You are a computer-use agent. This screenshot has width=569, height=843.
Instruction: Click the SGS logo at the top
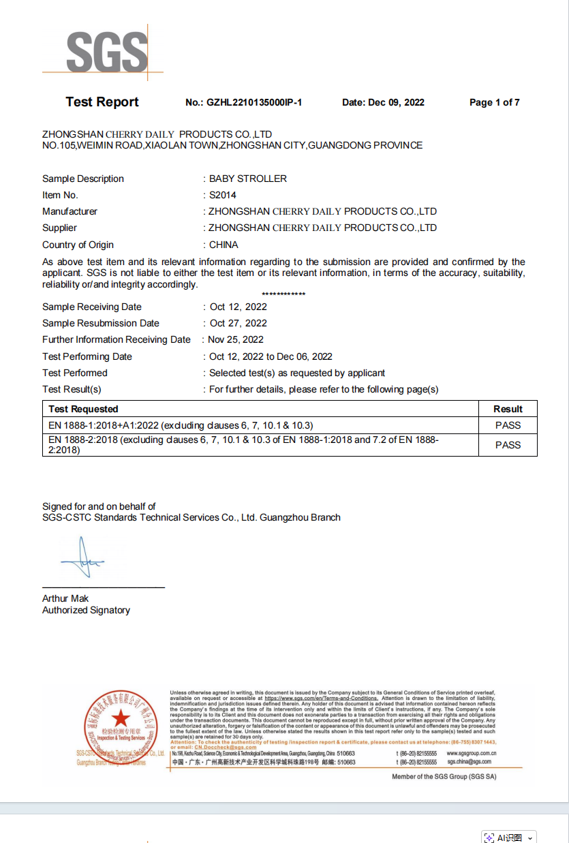tap(106, 52)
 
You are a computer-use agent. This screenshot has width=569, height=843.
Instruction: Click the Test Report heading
tap(102, 102)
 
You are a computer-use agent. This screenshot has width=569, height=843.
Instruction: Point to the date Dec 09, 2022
tap(396, 102)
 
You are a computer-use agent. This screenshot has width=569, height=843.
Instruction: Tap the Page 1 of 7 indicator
tap(494, 102)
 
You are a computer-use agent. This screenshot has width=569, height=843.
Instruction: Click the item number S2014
tap(223, 195)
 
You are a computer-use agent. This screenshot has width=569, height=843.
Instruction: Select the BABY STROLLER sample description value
tap(248, 179)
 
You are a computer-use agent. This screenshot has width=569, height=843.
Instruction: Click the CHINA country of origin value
tap(224, 245)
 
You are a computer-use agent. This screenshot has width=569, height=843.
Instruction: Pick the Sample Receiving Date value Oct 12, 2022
tap(239, 307)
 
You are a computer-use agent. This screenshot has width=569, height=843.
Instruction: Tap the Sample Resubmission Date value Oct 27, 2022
tap(239, 323)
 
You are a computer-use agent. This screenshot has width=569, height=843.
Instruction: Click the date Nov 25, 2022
tap(236, 339)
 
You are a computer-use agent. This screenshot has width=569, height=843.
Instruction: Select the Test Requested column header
tap(83, 409)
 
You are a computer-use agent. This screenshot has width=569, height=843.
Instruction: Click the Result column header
tap(508, 409)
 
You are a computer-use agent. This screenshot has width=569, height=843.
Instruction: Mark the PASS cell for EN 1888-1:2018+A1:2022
tap(508, 425)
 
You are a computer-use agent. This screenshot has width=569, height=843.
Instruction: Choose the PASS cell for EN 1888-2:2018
tap(508, 445)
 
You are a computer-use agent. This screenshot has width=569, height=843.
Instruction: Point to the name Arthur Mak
tap(65, 598)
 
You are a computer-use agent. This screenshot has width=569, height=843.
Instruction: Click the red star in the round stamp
tap(121, 718)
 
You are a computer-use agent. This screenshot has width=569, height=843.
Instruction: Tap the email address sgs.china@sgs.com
tap(469, 762)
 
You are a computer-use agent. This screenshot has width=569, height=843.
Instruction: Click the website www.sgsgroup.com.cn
tap(471, 753)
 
